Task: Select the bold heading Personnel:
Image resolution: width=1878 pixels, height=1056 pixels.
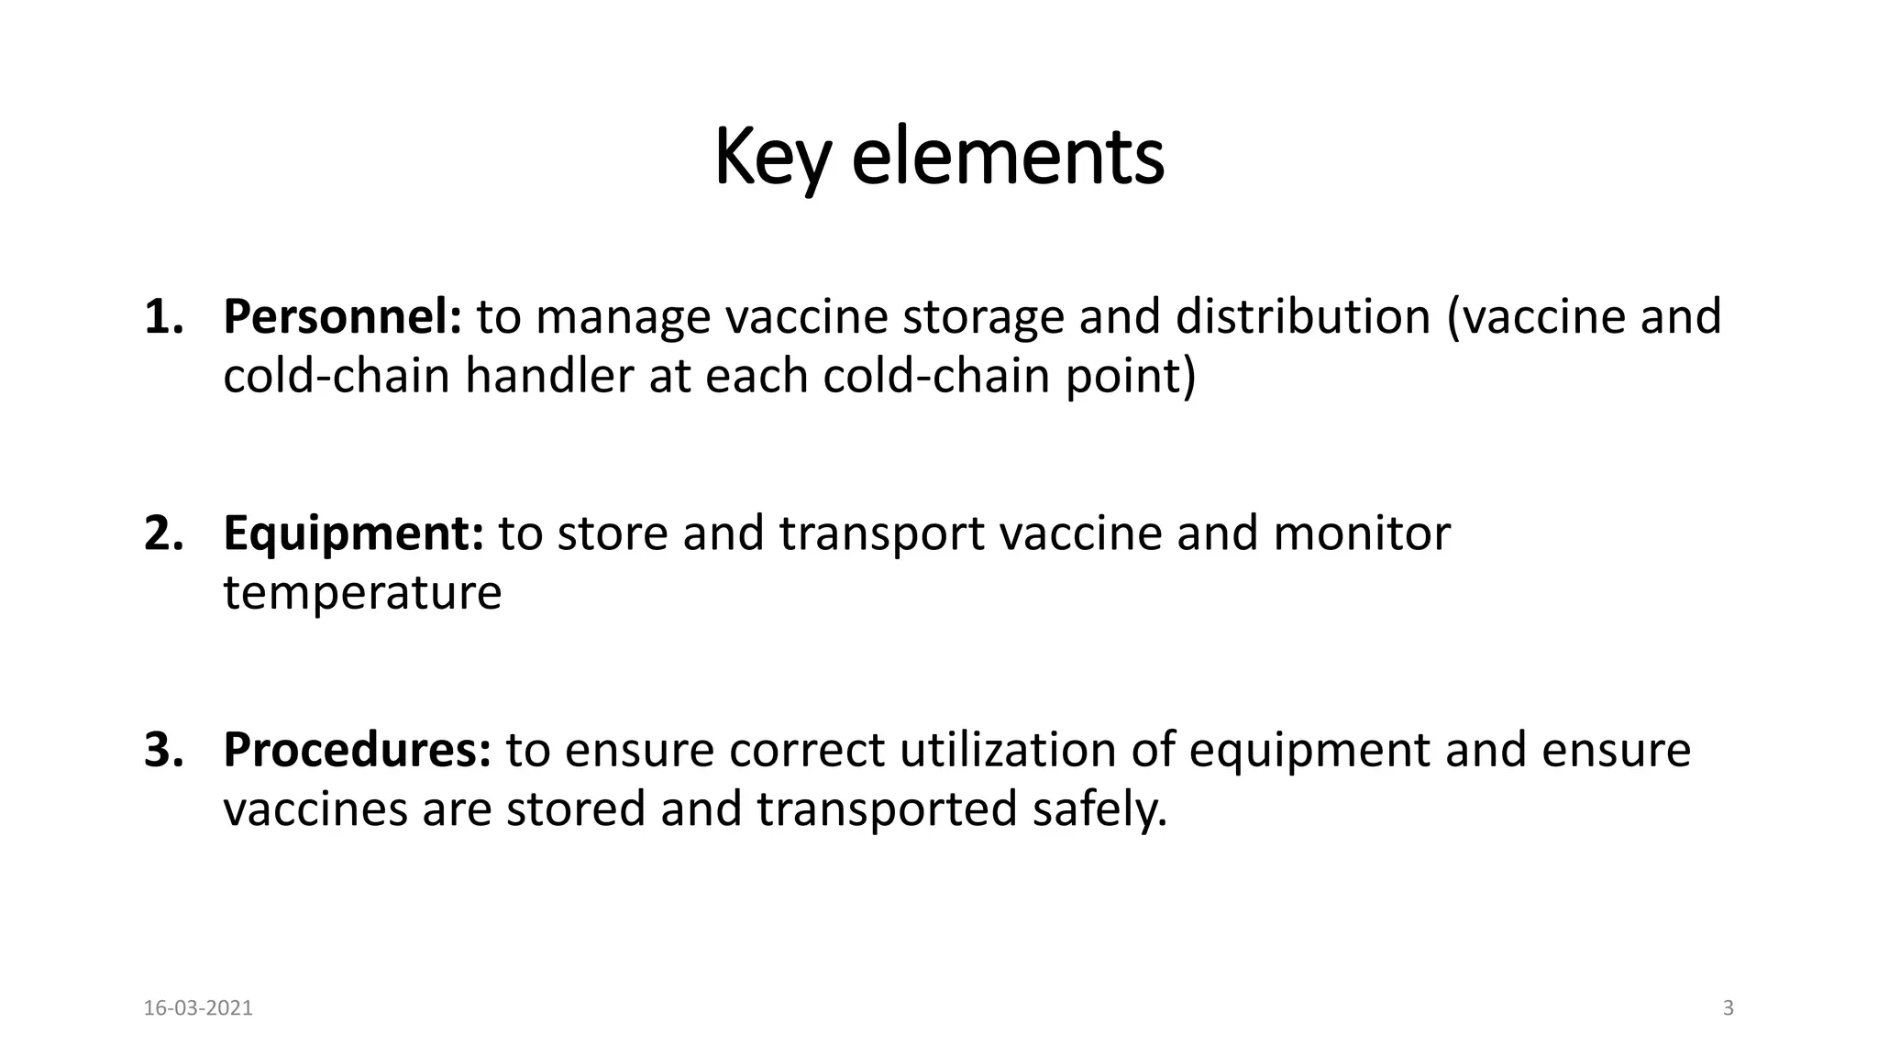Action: click(342, 316)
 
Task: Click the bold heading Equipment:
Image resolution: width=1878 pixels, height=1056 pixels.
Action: click(353, 533)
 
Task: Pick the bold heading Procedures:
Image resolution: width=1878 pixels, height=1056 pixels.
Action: click(357, 749)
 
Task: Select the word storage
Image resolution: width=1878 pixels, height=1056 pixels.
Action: click(982, 316)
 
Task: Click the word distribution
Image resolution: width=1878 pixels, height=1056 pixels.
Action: click(1302, 316)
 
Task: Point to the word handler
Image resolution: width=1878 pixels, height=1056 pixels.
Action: click(548, 376)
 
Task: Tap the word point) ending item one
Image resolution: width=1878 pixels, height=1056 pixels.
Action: click(1131, 376)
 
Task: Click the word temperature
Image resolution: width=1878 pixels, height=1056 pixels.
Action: click(362, 593)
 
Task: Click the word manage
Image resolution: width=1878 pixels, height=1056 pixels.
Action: click(623, 316)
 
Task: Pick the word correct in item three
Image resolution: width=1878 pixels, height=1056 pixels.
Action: click(807, 749)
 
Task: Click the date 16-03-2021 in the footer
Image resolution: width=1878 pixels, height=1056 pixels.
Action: click(198, 1008)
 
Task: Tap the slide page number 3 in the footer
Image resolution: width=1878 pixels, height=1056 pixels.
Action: click(1729, 1008)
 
